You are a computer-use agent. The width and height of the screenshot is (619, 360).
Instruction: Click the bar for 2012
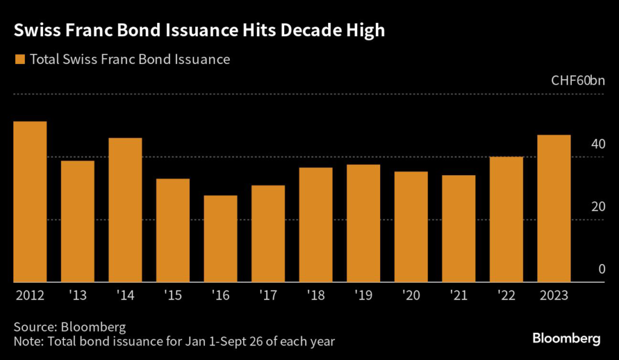point(30,202)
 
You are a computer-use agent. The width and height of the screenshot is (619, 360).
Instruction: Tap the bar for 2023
point(554,208)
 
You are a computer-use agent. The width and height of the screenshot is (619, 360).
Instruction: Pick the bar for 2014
point(125,210)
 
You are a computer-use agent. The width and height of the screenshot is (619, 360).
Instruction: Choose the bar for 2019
point(363,223)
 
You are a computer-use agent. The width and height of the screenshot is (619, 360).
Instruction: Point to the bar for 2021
point(459,228)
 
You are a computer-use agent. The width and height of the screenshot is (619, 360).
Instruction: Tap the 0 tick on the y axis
point(601,269)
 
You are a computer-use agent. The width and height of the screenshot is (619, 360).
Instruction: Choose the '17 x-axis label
point(268,297)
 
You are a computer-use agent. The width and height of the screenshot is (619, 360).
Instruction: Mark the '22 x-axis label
point(507,297)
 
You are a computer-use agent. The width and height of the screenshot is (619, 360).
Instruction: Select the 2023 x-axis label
point(554,297)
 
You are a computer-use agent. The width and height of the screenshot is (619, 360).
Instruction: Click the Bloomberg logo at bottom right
point(566,338)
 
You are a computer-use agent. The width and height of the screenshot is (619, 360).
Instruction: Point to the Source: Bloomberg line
point(70,327)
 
